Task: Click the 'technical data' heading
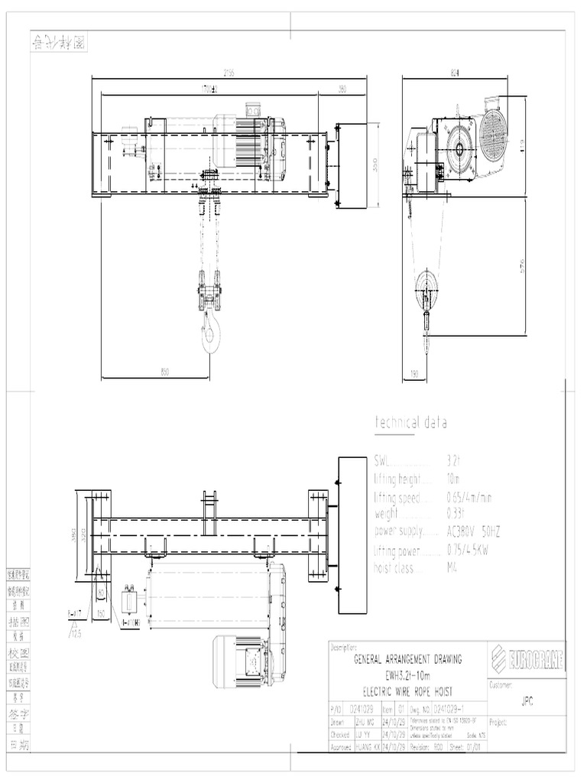click(410, 423)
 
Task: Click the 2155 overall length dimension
click(229, 73)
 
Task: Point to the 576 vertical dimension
click(523, 266)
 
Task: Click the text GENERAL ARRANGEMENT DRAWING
click(407, 658)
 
